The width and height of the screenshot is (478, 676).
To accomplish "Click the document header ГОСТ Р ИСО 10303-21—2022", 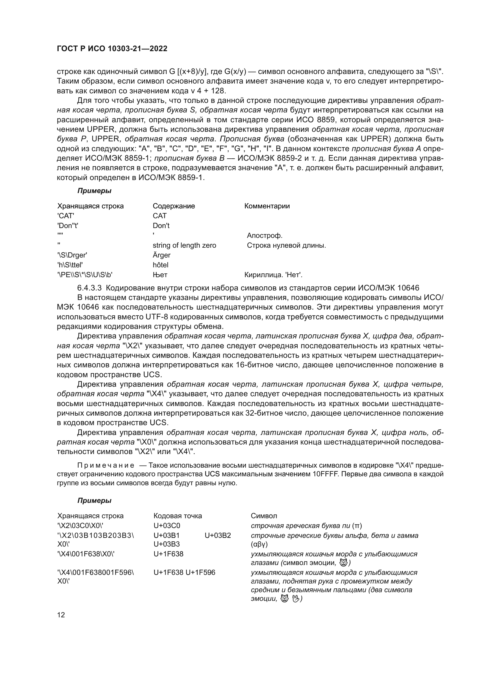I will point(112,49).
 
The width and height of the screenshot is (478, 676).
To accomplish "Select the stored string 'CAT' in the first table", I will point(65,216).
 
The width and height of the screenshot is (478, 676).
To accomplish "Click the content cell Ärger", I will point(161,255).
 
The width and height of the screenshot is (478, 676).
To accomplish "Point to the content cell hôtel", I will point(160,265).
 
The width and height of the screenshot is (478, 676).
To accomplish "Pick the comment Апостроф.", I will point(265,236).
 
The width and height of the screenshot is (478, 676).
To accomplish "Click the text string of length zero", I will point(184,245).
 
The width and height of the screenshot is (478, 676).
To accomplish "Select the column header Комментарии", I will point(267,206).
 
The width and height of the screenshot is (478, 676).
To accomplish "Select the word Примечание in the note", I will point(106,466).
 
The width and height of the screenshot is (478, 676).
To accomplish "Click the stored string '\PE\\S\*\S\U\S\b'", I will point(85,275).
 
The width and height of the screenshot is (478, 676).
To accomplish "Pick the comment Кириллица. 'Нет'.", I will point(273,275).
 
